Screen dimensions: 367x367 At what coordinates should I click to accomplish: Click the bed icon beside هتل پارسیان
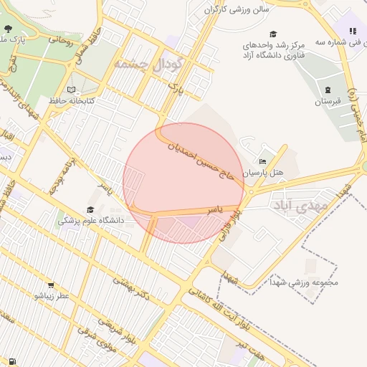tap(262, 162)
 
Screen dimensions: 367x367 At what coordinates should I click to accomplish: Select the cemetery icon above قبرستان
tap(328, 90)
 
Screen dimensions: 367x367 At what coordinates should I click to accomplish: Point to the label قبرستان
tap(328, 102)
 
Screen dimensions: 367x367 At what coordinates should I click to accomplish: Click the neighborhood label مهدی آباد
tap(299, 206)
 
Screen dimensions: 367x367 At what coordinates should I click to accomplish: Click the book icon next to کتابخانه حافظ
tap(71, 90)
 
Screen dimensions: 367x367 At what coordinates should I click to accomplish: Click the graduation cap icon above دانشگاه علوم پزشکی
tap(90, 209)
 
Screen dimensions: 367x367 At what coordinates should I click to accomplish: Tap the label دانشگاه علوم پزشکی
tap(91, 221)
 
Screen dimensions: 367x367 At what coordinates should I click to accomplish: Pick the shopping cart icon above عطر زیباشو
tap(53, 283)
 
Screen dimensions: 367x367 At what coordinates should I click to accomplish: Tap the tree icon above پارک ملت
tap(8, 29)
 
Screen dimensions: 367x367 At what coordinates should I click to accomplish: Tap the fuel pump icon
tap(12, 361)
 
